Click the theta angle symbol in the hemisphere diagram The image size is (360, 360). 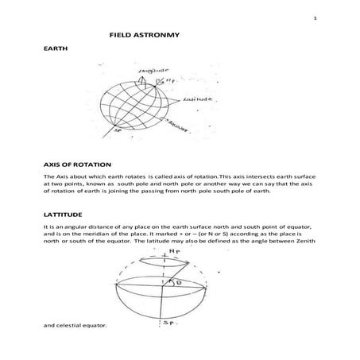[x=180, y=281]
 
